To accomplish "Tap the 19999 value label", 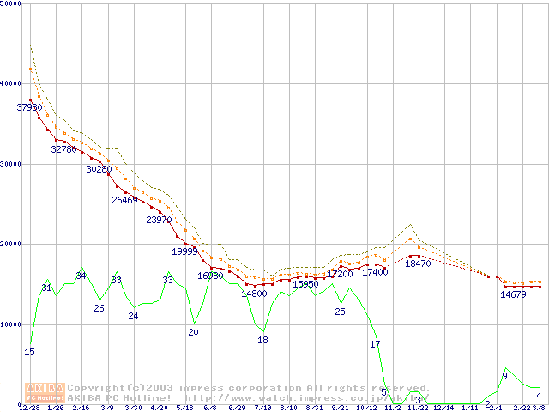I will [x=184, y=251].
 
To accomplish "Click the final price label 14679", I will [x=513, y=294].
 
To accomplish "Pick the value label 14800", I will [x=254, y=294].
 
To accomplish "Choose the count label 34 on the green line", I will [x=81, y=276].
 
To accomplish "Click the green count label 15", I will [x=29, y=352].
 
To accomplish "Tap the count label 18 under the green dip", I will [x=263, y=340].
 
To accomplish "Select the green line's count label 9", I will [x=504, y=376].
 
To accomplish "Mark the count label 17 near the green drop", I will [x=375, y=344].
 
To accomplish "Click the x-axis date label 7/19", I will [x=263, y=409].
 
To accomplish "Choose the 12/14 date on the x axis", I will [x=444, y=409].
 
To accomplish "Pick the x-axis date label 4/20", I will [x=159, y=409].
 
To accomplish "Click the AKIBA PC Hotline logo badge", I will [x=45, y=392].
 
